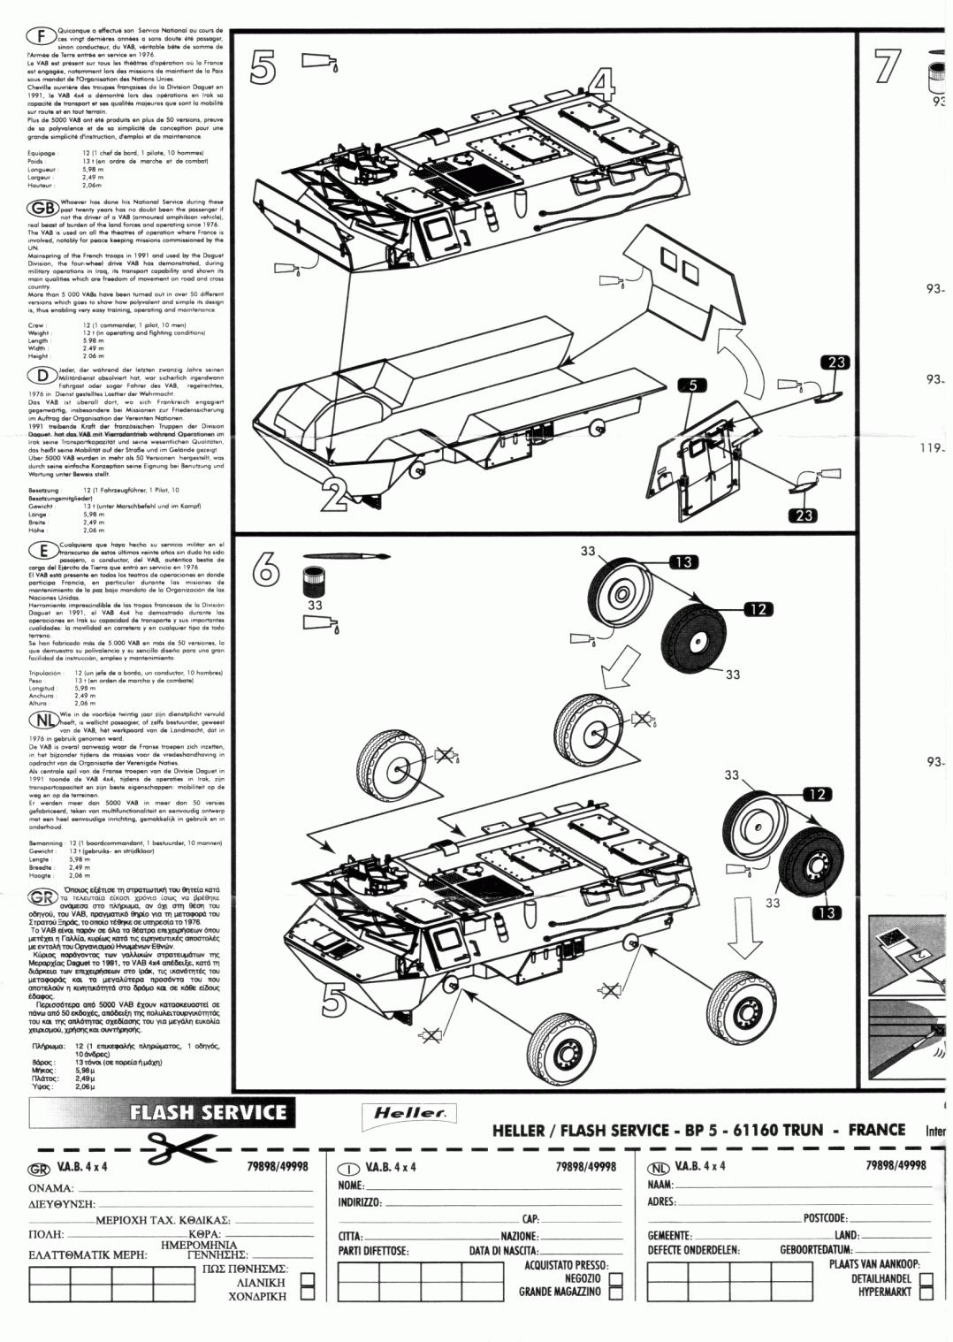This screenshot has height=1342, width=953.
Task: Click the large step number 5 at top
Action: pyautogui.click(x=263, y=68)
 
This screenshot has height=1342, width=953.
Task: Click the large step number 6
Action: pyautogui.click(x=266, y=570)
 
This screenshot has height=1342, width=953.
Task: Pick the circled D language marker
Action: pyautogui.click(x=42, y=376)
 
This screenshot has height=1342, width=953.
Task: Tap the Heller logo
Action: pyautogui.click(x=409, y=1113)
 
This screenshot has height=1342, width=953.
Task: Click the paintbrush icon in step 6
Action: pyautogui.click(x=346, y=557)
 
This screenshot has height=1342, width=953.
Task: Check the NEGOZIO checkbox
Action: pyautogui.click(x=616, y=1278)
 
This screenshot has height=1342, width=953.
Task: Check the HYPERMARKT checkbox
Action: pyautogui.click(x=926, y=1292)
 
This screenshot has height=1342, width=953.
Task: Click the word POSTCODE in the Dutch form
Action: pyautogui.click(x=825, y=1218)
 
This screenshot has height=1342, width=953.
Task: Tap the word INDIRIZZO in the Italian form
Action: pyautogui.click(x=360, y=1202)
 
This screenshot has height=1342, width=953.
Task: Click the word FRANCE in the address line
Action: pyautogui.click(x=877, y=1130)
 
